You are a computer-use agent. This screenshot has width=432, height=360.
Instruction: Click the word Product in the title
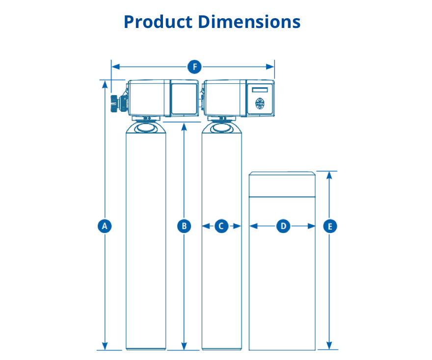pos(158,22)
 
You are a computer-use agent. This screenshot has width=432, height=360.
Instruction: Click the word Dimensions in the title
pos(249,22)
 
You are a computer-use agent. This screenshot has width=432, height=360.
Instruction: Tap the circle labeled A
pos(104,226)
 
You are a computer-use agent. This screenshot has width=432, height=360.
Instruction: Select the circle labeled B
pos(184,226)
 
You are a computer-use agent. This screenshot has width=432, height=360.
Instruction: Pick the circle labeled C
pos(221,226)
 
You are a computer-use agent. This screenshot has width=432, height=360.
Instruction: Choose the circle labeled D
pos(283,226)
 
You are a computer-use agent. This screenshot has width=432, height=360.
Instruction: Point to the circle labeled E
pos(329,226)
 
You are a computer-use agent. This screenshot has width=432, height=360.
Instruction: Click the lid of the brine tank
pos(282,184)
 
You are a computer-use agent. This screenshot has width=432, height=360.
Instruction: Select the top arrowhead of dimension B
pos(184,126)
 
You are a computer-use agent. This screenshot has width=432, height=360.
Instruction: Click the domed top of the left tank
pos(146,128)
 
